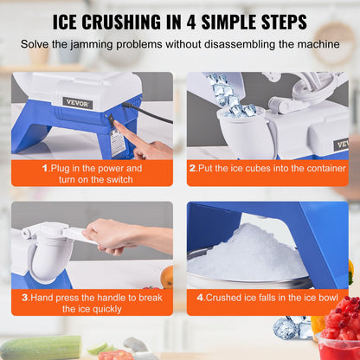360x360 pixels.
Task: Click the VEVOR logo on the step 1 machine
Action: (x=76, y=102)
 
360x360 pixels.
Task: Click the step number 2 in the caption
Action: (x=192, y=168)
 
